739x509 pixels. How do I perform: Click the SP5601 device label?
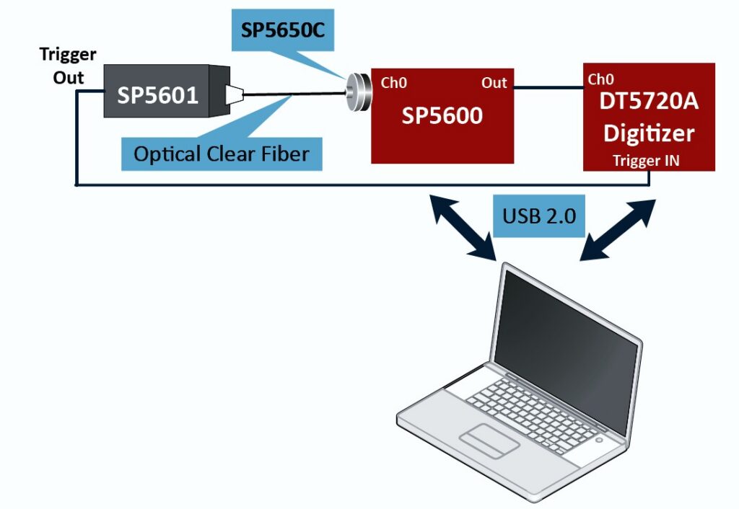[157, 94]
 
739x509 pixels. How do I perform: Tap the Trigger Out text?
[69, 66]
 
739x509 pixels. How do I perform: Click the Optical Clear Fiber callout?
[222, 153]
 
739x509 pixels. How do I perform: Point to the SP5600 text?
[442, 115]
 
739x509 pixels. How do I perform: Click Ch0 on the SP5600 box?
[394, 83]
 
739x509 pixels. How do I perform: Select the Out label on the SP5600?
[494, 83]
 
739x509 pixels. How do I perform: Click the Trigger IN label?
[646, 161]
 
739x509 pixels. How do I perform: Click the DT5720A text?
[649, 102]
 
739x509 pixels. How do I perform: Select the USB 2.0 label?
[538, 215]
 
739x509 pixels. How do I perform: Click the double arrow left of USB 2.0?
[463, 226]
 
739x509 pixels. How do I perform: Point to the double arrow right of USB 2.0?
[619, 229]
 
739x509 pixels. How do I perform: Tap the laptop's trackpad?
[491, 440]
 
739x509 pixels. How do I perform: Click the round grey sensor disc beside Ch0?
[357, 92]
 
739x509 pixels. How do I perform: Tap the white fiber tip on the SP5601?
[235, 94]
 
